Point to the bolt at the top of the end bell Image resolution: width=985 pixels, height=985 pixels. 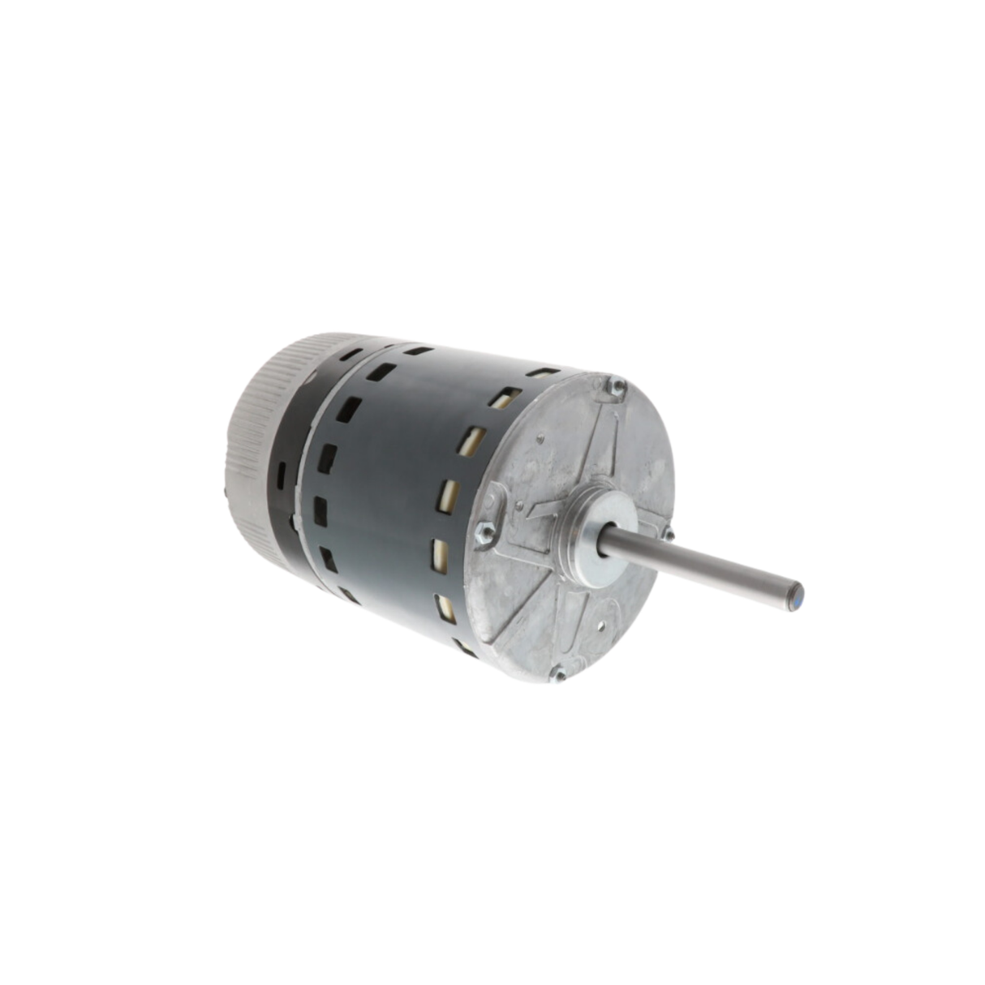[617, 386]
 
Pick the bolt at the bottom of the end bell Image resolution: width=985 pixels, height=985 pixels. [558, 673]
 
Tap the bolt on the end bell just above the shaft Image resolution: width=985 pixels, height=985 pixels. [667, 532]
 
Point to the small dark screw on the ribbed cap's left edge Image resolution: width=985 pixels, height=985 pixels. [224, 490]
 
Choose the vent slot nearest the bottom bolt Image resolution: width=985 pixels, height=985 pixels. [467, 647]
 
